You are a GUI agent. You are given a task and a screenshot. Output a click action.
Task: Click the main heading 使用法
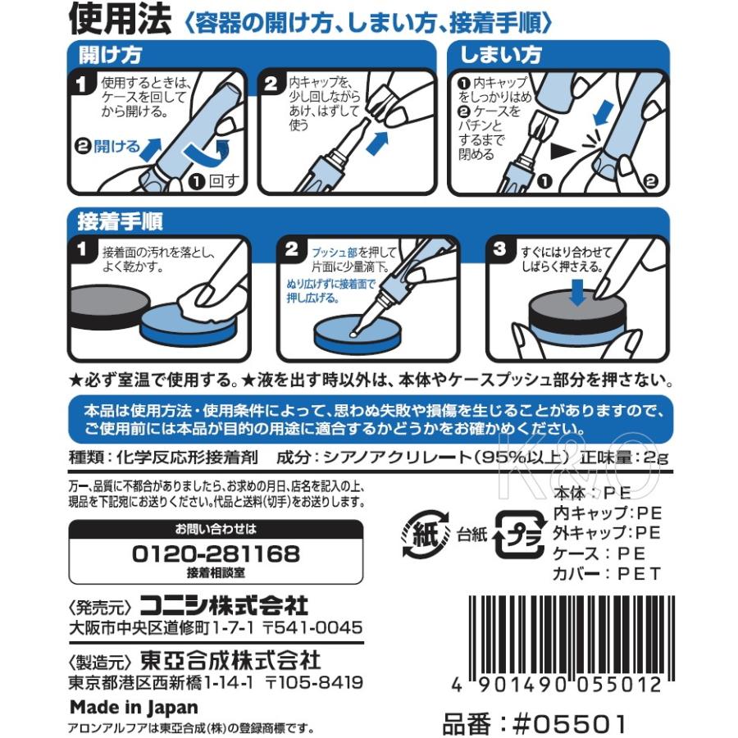point(120,20)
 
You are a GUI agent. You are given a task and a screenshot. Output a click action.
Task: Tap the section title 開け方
point(110,55)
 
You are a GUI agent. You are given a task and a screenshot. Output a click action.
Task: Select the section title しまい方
point(500,55)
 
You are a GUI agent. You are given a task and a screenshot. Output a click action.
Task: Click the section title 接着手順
point(120,221)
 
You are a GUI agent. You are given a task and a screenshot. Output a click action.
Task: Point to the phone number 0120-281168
point(216,553)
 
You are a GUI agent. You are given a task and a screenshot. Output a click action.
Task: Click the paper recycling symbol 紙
point(426,534)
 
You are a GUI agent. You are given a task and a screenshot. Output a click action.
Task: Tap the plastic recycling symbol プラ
point(520,534)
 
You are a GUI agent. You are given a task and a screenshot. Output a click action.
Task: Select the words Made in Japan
point(134,707)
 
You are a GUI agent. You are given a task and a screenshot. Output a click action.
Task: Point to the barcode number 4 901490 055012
point(557,685)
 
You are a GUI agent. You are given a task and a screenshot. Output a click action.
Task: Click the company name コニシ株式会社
point(224,605)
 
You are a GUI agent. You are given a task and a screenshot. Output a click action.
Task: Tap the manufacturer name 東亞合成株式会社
point(230,660)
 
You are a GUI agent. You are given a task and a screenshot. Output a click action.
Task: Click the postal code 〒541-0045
point(312,627)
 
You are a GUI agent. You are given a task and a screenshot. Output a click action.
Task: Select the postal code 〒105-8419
point(314,682)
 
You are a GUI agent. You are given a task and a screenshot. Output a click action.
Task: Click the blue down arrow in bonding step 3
point(577,292)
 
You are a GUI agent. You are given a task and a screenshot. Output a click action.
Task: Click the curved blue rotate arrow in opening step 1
point(207,152)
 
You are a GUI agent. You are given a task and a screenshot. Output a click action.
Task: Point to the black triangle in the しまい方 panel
point(563,151)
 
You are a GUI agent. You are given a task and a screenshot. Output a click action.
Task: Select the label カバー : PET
point(607,574)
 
